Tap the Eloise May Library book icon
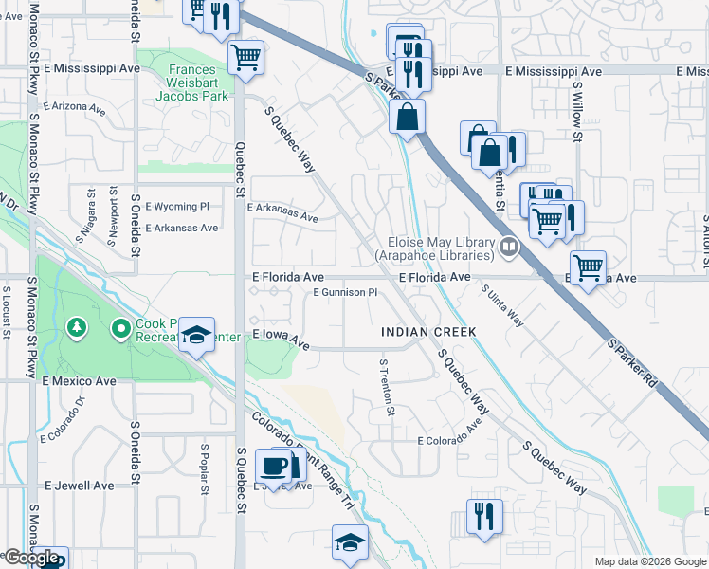510,248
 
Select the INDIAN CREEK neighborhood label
427,332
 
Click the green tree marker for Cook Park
77,328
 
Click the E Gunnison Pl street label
345,293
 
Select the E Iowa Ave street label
282,338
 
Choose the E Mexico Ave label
79,381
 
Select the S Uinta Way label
501,305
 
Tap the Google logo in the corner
30,558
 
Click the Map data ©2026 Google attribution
649,561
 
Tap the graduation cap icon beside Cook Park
197,335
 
